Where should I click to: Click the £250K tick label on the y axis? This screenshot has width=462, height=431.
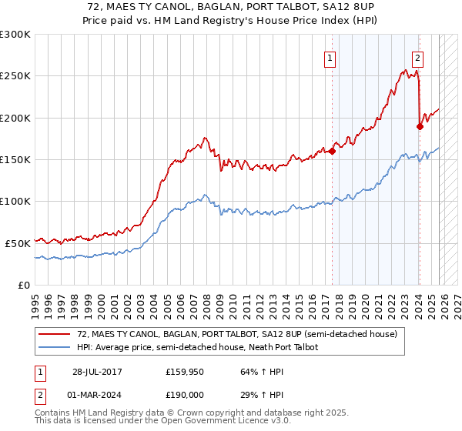(x=15, y=76)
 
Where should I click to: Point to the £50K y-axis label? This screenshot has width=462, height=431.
(x=18, y=242)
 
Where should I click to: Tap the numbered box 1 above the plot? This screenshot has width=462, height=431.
(x=330, y=57)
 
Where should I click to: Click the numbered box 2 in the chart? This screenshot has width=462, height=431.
(x=417, y=57)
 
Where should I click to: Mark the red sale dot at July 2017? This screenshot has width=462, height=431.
(x=332, y=152)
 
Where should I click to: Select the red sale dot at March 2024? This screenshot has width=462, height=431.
(x=420, y=127)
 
